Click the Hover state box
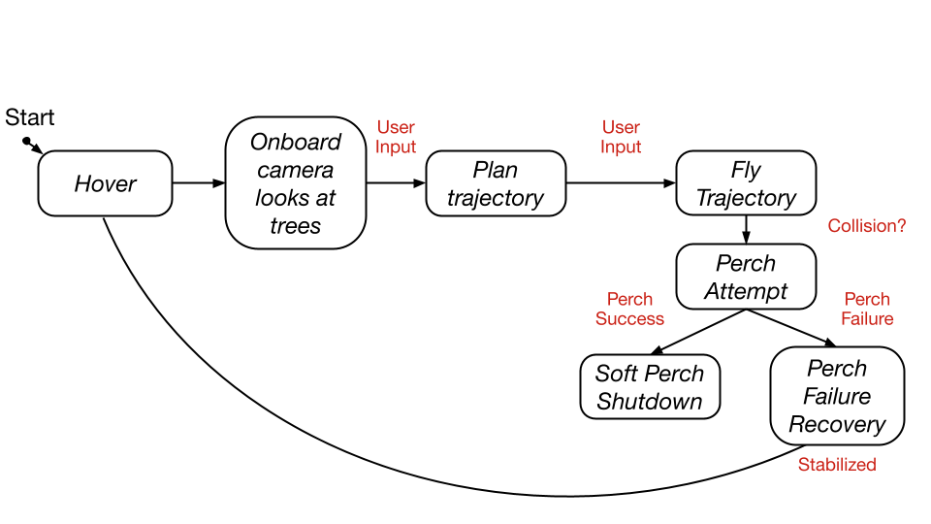(x=105, y=183)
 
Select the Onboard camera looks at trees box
(x=296, y=183)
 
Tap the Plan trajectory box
(x=496, y=183)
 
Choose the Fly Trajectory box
(x=746, y=183)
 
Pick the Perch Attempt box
(x=746, y=277)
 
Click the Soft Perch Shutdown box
(x=650, y=387)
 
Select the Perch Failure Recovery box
(x=837, y=396)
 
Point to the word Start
(x=30, y=118)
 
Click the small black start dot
(x=27, y=142)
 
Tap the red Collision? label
(x=867, y=226)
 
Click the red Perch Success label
(x=629, y=309)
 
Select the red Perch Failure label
(x=867, y=309)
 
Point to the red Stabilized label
(x=837, y=465)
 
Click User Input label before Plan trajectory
(x=396, y=137)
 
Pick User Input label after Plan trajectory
(x=621, y=137)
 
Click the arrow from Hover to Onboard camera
(x=199, y=183)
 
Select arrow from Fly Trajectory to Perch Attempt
(x=746, y=229)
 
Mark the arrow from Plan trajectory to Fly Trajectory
(x=621, y=183)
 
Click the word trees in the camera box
(x=296, y=226)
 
